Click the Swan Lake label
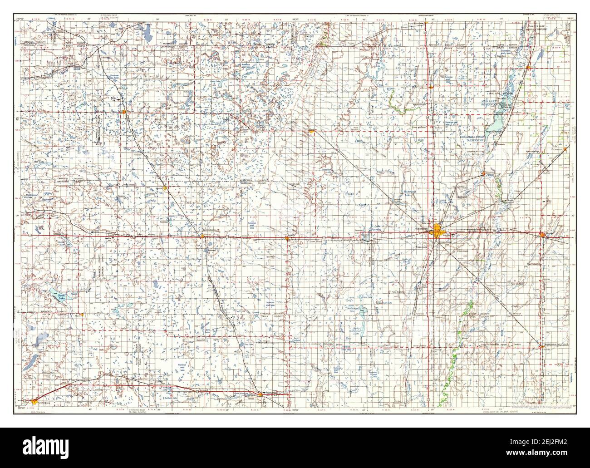pyautogui.click(x=62, y=297)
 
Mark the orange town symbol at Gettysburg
pyautogui.click(x=35, y=401)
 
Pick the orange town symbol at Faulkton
pyautogui.click(x=260, y=394)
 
